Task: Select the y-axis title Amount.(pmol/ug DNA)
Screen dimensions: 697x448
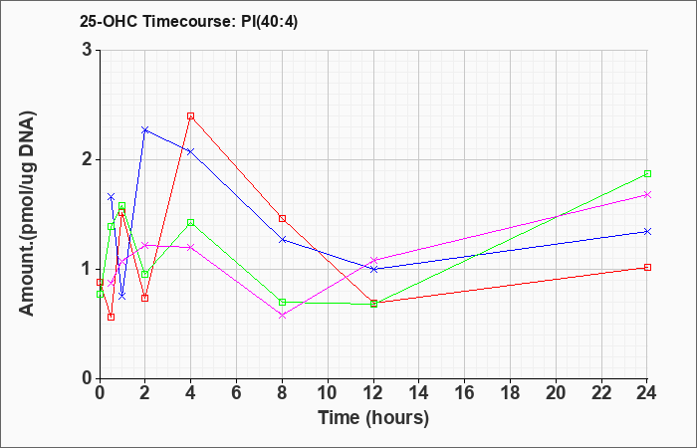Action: click(x=28, y=214)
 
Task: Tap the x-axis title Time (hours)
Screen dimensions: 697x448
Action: click(x=373, y=418)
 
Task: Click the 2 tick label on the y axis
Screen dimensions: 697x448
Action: click(x=88, y=159)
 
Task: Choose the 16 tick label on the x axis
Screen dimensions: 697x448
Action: click(x=465, y=392)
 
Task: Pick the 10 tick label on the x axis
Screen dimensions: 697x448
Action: click(x=328, y=392)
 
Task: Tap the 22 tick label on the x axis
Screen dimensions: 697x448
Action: click(x=601, y=392)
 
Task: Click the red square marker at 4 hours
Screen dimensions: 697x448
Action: click(x=191, y=116)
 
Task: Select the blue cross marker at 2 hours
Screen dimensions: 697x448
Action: click(x=145, y=130)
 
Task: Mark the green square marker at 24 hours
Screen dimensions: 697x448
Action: click(x=647, y=174)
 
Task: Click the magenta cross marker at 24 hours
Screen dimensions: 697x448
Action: click(x=647, y=195)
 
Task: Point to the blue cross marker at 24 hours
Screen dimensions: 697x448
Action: click(x=647, y=232)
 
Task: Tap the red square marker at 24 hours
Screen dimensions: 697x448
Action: click(x=647, y=267)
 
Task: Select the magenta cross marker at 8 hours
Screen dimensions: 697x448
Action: click(x=282, y=316)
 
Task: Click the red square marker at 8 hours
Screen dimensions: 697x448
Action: click(x=282, y=219)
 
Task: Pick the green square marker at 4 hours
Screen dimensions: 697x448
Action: click(x=191, y=222)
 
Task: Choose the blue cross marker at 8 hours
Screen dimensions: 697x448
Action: click(x=282, y=240)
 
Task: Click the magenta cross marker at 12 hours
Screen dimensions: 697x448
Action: click(x=373, y=260)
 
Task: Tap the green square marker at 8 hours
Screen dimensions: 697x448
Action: click(x=282, y=303)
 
